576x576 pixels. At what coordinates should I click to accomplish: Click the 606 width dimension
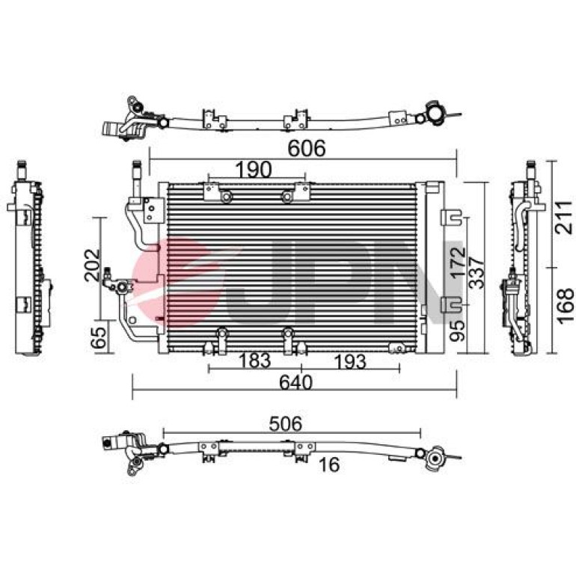point(307,148)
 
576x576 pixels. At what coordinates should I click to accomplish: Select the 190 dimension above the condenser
point(253,170)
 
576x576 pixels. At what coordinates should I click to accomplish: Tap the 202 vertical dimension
point(92,266)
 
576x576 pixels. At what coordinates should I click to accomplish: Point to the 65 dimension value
point(99,337)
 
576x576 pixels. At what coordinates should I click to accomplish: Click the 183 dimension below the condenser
point(254,361)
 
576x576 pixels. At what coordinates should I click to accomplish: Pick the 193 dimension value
point(350,362)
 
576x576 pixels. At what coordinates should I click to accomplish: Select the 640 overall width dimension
point(295,382)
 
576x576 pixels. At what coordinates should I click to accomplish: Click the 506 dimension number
point(286,423)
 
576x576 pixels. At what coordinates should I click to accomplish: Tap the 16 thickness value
point(329,465)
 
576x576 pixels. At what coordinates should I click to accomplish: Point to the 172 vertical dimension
point(458,263)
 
